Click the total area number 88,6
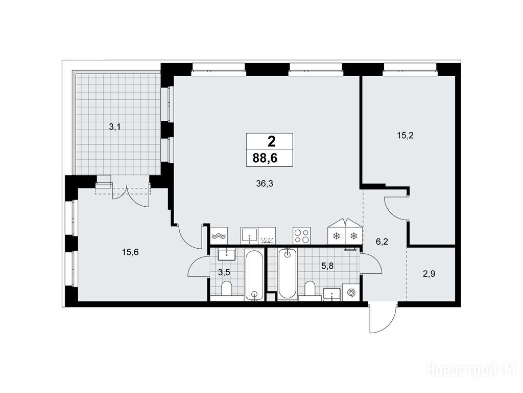tap(265, 158)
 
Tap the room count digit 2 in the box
tap(272, 142)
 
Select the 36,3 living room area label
tap(265, 183)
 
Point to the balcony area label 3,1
tap(115, 127)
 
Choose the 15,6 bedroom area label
tap(130, 252)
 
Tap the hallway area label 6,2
tap(382, 242)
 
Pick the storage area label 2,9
tap(429, 274)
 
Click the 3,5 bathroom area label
tap(224, 272)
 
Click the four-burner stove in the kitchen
tap(301, 235)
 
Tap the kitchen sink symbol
tap(249, 235)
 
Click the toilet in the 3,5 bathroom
tap(227, 289)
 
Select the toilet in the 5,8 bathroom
tap(310, 289)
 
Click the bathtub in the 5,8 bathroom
tap(287, 273)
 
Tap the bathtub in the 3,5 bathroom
tap(254, 275)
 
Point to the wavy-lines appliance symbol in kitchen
tap(219, 235)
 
